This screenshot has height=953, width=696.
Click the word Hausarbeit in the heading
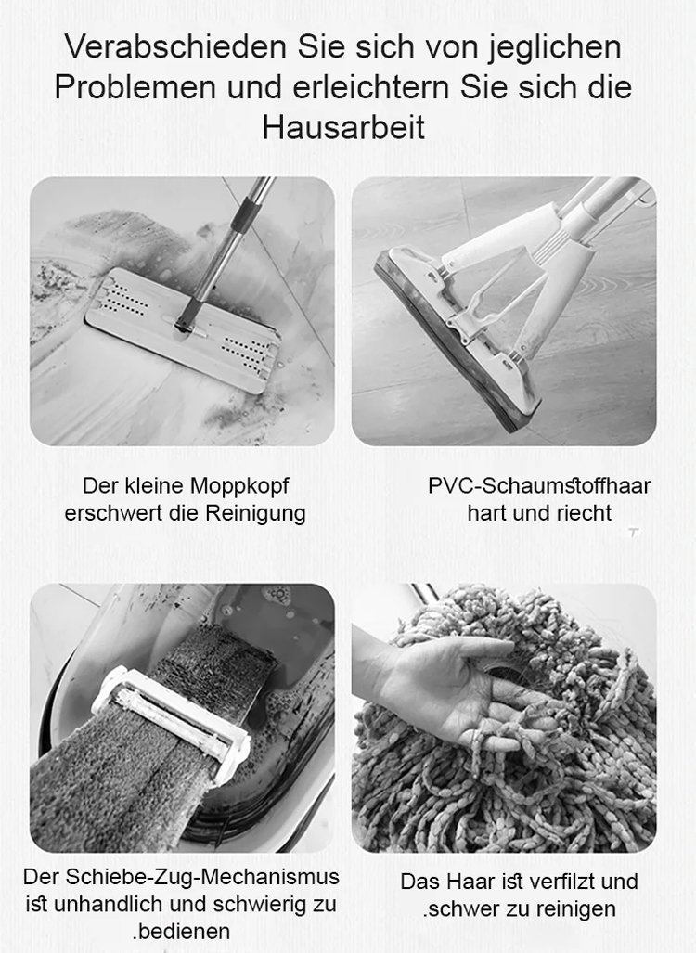point(343,128)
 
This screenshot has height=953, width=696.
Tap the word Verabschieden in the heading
point(175,47)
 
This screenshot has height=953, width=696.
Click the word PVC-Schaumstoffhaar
point(539,486)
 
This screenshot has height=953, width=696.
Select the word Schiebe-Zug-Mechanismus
point(202,877)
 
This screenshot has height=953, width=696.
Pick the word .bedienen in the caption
point(181,931)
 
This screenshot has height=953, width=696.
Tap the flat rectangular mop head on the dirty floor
point(183,329)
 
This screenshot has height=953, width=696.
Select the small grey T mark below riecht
point(634,533)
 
